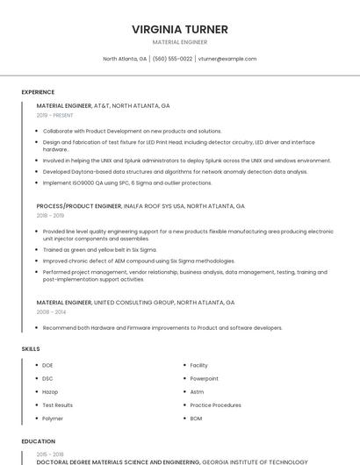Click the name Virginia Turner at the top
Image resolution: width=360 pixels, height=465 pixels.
(x=179, y=29)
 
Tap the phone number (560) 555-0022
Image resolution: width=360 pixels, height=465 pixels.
(x=172, y=59)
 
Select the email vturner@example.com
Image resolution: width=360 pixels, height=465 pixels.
(x=227, y=59)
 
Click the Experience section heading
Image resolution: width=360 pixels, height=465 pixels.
(x=38, y=92)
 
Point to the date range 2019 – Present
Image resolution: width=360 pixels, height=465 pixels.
(x=54, y=115)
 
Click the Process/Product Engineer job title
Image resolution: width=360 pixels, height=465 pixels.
(x=79, y=206)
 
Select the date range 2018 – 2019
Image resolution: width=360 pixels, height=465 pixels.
(x=50, y=216)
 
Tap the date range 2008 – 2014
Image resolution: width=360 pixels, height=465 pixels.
(x=50, y=311)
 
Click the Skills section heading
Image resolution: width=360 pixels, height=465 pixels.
(x=31, y=349)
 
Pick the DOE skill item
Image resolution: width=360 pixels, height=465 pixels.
(x=47, y=365)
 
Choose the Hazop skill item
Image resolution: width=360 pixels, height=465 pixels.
(x=49, y=392)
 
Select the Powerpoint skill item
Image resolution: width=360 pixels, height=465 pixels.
(x=204, y=378)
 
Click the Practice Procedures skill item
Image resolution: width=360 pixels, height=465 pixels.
(x=215, y=405)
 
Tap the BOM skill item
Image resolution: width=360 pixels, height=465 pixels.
(x=196, y=418)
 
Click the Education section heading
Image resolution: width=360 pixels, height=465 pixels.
(x=38, y=441)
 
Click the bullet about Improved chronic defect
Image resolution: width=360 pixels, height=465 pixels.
(x=139, y=261)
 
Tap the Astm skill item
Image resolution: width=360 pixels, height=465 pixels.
(x=197, y=392)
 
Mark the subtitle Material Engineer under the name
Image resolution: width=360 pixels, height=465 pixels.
(x=179, y=42)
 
